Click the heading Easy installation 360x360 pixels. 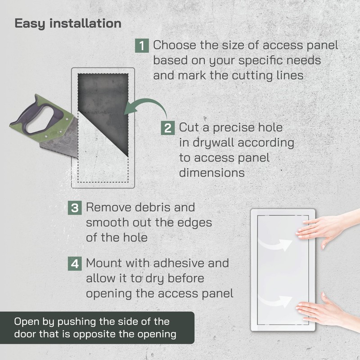[68, 23]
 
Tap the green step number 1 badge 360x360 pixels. [142, 45]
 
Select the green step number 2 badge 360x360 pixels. [168, 128]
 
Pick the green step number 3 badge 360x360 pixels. [74, 208]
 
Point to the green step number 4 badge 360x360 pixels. [74, 263]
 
